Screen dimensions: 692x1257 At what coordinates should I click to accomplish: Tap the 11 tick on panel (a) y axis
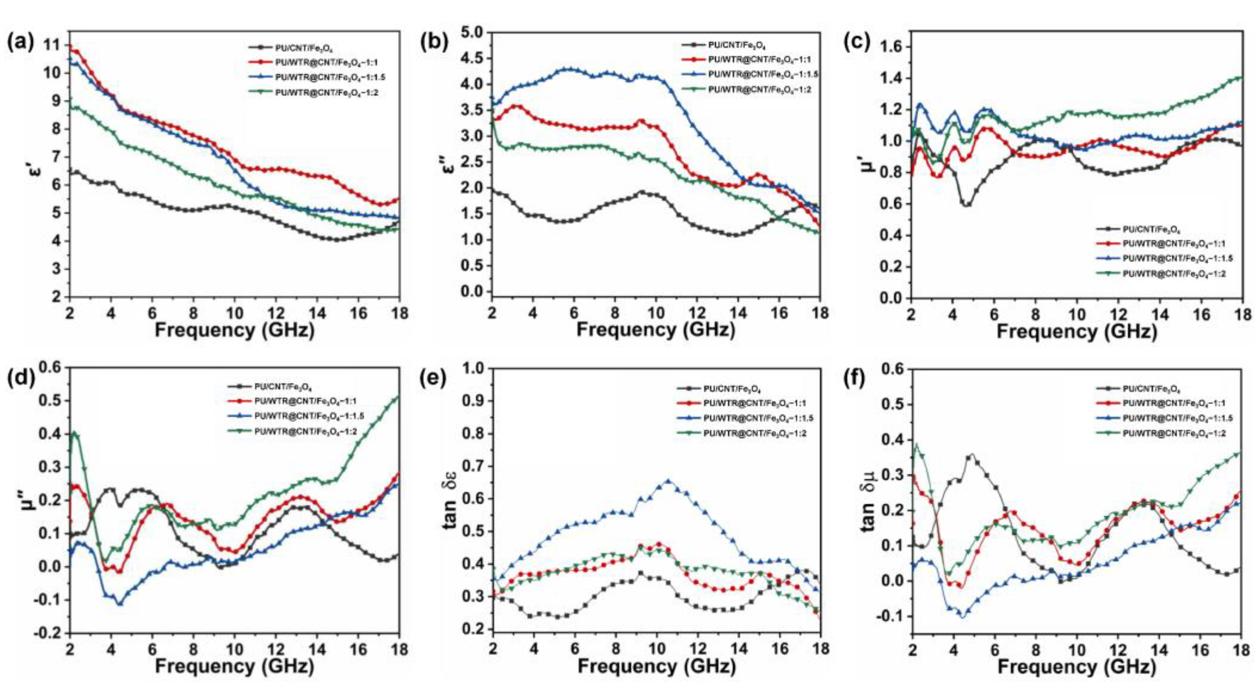pyautogui.click(x=58, y=45)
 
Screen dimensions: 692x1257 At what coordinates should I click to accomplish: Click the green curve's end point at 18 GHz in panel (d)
pyautogui.click(x=399, y=397)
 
